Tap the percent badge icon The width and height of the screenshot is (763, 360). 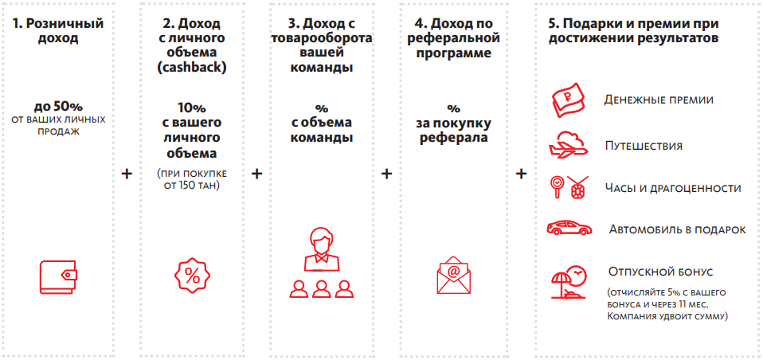[192, 276]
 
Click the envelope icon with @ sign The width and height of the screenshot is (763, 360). [453, 276]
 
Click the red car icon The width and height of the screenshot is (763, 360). [569, 228]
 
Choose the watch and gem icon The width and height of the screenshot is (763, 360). [569, 186]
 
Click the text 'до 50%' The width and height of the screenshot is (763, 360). [58, 106]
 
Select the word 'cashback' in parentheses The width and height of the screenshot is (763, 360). [192, 68]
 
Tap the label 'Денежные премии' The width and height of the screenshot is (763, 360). [658, 100]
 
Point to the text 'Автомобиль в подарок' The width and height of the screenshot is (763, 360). [677, 229]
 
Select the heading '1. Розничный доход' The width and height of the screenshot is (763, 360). [58, 29]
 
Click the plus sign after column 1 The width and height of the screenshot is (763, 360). [126, 173]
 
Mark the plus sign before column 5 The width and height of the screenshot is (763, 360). [522, 173]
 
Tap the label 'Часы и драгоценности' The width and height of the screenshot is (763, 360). [673, 188]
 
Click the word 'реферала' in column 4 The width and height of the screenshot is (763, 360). [453, 138]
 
